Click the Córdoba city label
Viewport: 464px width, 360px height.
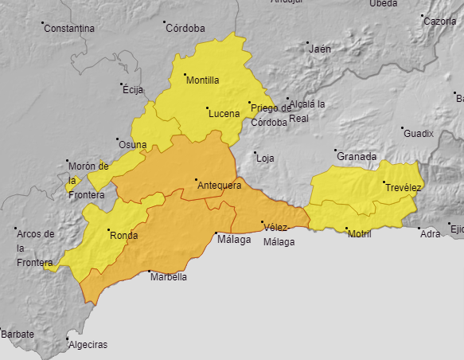click(185, 29)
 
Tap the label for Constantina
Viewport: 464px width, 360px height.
click(69, 29)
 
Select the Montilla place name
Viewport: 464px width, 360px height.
click(202, 80)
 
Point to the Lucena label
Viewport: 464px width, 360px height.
click(224, 114)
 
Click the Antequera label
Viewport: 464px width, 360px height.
click(219, 186)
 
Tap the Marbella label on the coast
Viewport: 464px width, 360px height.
click(169, 278)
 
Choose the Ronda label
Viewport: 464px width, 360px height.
click(123, 236)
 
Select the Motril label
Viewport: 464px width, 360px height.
click(360, 234)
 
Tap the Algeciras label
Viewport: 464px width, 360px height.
click(88, 346)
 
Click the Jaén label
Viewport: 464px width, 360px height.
click(319, 49)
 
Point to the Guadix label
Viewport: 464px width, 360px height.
click(419, 134)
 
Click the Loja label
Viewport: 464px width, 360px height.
click(265, 158)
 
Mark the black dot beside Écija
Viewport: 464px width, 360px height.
click(123, 84)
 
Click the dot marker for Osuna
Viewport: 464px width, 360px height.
click(118, 139)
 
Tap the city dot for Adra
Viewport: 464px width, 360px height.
click(419, 229)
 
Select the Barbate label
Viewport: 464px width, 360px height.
click(18, 335)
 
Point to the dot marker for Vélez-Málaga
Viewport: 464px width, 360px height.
click(263, 222)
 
